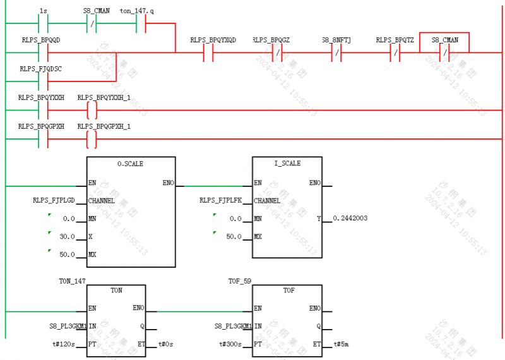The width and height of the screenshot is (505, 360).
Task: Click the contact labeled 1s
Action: [x=43, y=25]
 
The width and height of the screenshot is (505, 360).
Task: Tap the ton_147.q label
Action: [x=136, y=11]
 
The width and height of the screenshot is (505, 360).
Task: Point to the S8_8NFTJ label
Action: [x=336, y=40]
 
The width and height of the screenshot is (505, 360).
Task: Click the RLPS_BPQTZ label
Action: [x=395, y=40]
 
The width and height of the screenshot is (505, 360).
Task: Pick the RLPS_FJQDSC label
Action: [x=40, y=68]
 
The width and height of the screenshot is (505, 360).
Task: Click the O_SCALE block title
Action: [x=130, y=164]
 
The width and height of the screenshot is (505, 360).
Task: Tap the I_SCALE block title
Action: [x=287, y=164]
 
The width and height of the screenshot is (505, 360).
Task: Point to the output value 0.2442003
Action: [x=350, y=218]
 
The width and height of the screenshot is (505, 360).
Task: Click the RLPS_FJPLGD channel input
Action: [x=54, y=200]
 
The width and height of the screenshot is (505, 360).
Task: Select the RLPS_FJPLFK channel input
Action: [x=220, y=200]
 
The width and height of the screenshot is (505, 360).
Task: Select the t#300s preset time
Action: [x=231, y=344]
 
